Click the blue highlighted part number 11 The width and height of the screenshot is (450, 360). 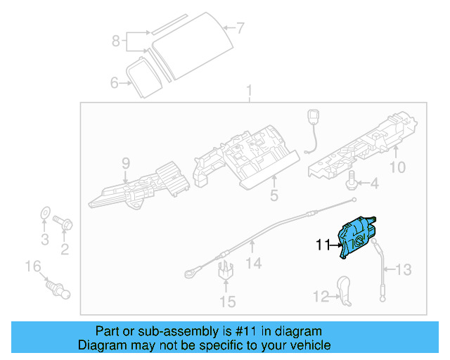tap(357, 238)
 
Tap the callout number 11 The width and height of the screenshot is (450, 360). tap(323, 245)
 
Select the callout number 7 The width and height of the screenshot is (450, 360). tap(240, 29)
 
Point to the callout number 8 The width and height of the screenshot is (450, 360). tap(117, 41)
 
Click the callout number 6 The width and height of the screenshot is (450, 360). tap(114, 83)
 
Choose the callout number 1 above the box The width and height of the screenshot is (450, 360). tap(248, 91)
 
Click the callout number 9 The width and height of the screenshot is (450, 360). tap(126, 164)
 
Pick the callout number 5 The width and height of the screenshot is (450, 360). tap(276, 193)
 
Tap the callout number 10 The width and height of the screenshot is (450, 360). tap(397, 167)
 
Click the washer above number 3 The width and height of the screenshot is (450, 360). tap(44, 212)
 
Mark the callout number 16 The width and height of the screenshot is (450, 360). tap(33, 266)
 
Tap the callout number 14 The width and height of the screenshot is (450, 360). tap(253, 263)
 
